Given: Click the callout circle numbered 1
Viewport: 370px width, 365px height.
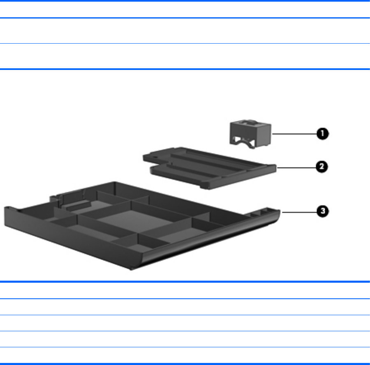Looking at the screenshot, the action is coord(323,134).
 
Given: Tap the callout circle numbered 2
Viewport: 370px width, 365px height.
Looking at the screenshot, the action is coord(322,167).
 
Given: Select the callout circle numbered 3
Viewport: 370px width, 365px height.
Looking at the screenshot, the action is coord(323,211).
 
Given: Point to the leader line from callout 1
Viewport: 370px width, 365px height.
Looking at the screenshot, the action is coord(294,134).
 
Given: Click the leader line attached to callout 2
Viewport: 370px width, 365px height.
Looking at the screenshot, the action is coord(296,168).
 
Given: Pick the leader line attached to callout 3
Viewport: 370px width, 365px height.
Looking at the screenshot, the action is coord(299,212).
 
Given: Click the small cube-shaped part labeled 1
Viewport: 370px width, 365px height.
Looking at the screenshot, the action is coord(250,134).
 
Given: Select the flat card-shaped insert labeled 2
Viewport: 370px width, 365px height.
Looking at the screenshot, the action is coord(210,168).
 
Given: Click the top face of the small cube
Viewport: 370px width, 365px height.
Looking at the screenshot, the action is coord(250,123).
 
